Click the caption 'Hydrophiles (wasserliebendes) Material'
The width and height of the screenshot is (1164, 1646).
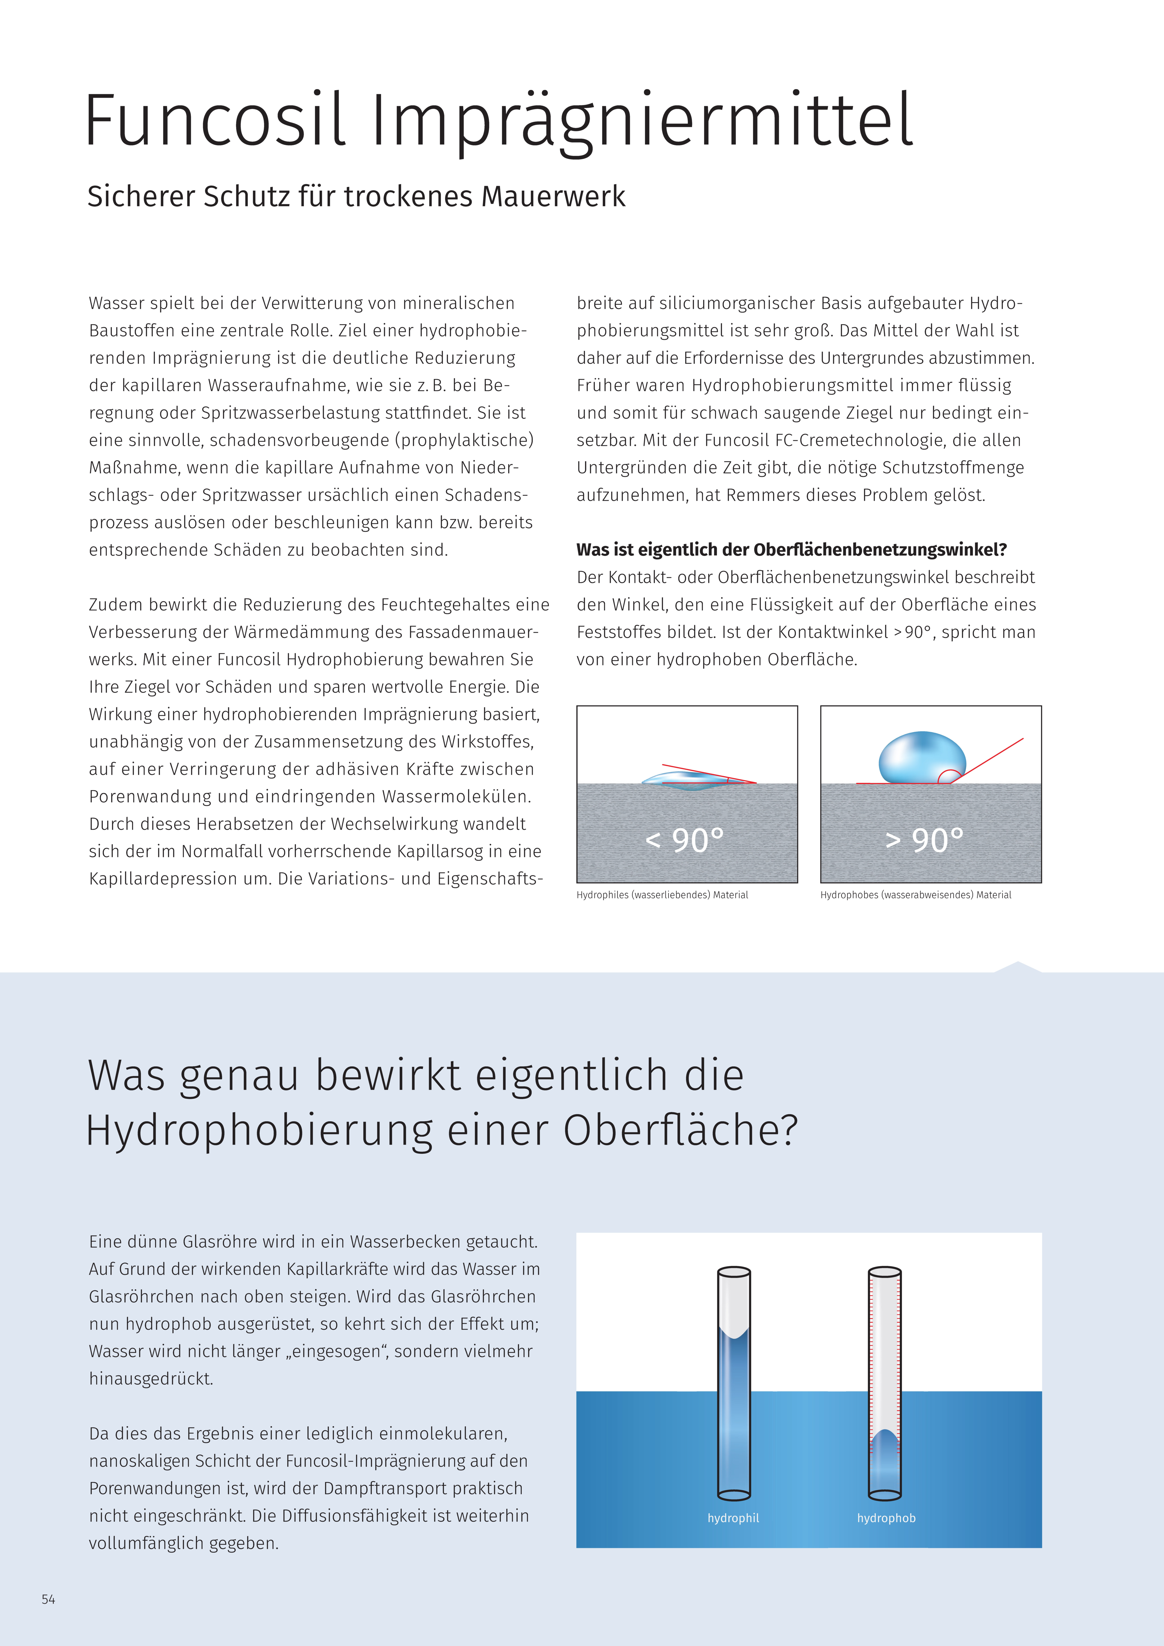pyautogui.click(x=662, y=895)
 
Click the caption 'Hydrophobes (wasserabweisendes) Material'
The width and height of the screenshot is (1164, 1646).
pyautogui.click(x=916, y=895)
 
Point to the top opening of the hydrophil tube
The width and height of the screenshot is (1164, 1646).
pyautogui.click(x=734, y=1273)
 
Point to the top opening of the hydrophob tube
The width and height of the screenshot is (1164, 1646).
pyautogui.click(x=885, y=1273)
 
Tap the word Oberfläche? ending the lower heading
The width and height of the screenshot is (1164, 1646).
pyautogui.click(x=680, y=1131)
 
